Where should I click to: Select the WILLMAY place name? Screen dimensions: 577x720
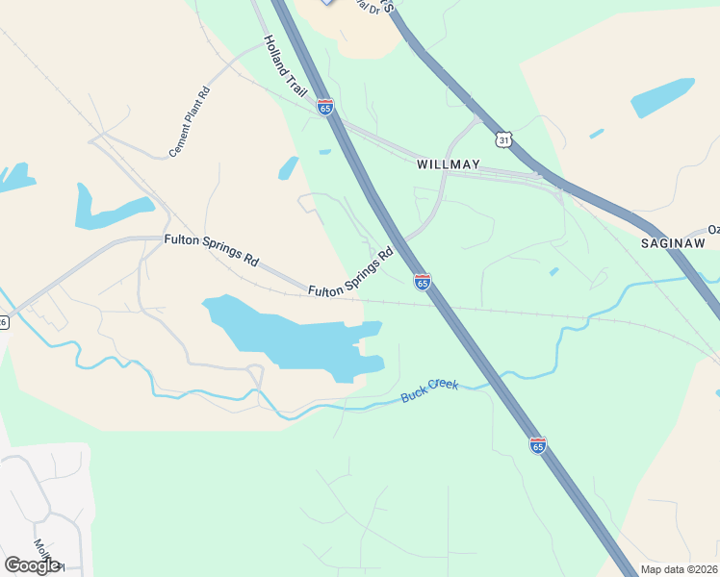click(x=449, y=164)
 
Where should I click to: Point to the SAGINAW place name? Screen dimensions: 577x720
click(x=675, y=244)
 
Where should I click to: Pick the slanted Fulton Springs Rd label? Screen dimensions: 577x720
click(x=352, y=273)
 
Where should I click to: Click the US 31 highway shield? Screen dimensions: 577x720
click(x=503, y=140)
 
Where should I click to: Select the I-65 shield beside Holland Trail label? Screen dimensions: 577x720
click(x=325, y=107)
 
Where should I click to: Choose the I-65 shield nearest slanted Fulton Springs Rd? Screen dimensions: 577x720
click(x=422, y=282)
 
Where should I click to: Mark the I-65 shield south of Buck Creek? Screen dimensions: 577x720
click(x=538, y=445)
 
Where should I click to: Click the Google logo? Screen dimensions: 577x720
click(x=32, y=565)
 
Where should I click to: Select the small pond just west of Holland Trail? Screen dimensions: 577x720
click(x=288, y=168)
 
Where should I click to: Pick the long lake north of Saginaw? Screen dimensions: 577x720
click(x=662, y=97)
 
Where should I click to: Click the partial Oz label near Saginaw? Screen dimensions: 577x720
click(x=713, y=229)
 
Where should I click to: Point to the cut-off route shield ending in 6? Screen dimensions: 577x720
click(x=4, y=322)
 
